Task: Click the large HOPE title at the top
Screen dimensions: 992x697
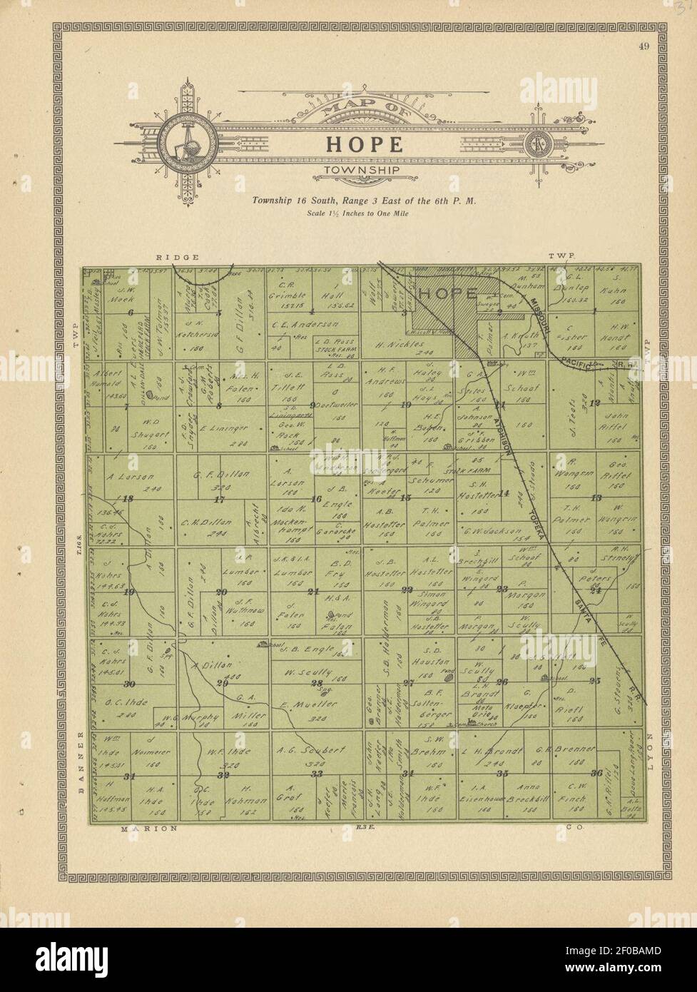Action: pos(365,143)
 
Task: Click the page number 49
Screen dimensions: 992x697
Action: pos(643,47)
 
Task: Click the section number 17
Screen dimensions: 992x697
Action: pos(220,500)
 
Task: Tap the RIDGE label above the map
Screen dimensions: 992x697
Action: pos(173,256)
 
